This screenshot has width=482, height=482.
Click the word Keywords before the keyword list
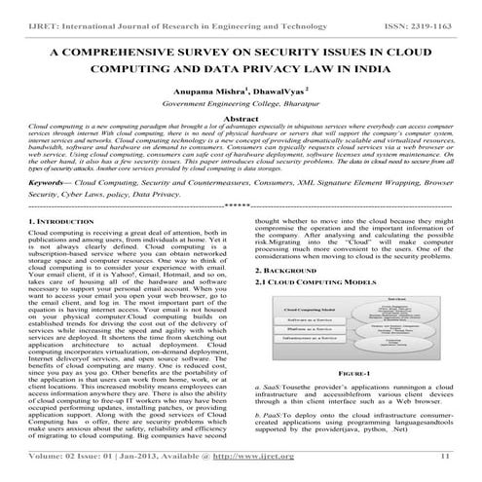point(51,182)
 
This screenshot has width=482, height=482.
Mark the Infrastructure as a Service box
point(305,348)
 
